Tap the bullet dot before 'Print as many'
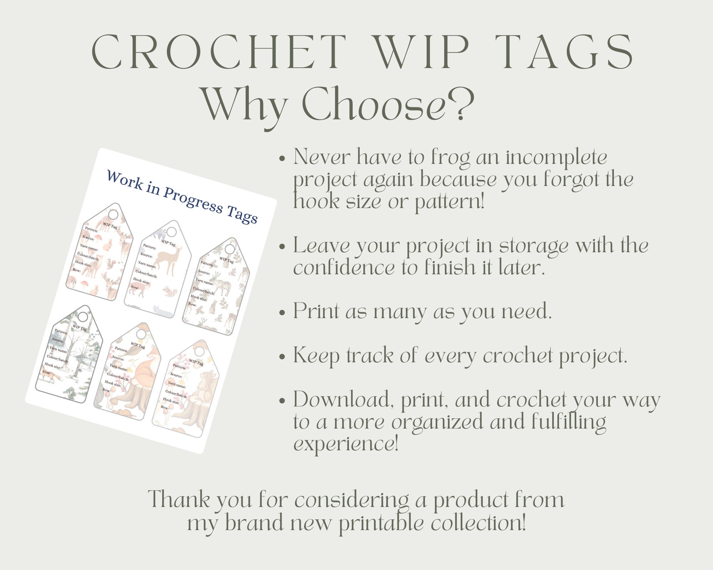pyautogui.click(x=282, y=313)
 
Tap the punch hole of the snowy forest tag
pyautogui.click(x=83, y=316)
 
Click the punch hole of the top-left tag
pyautogui.click(x=113, y=215)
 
